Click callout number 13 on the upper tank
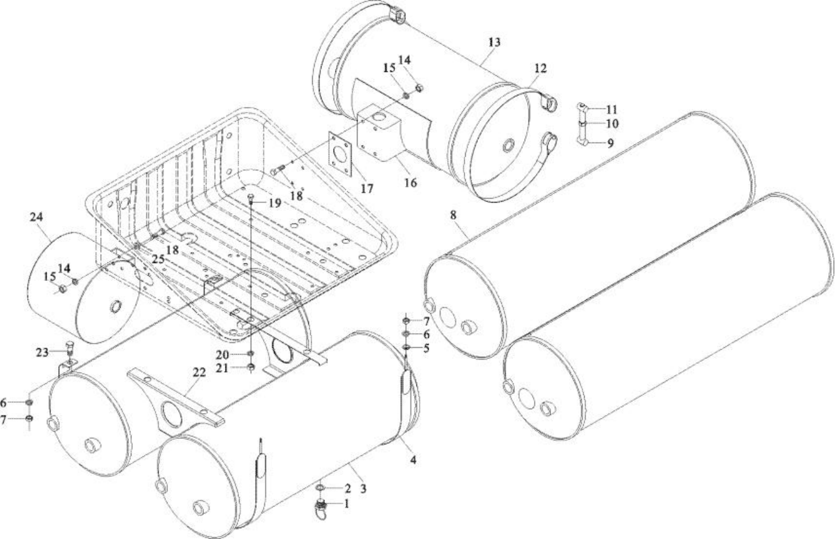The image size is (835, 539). [495, 43]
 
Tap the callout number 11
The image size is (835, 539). [612, 109]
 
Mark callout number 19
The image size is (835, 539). [273, 202]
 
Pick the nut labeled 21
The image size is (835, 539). [252, 368]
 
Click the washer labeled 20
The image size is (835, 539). [252, 353]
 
